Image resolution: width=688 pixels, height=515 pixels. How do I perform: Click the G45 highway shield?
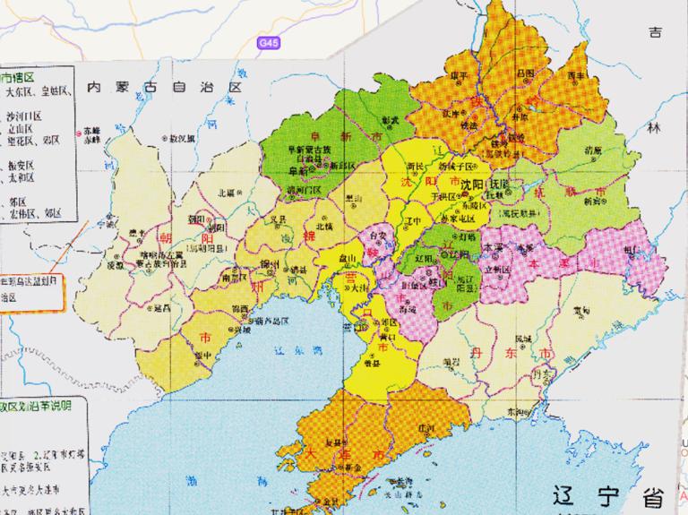point(267,42)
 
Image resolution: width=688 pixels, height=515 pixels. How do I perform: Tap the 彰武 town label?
point(389,119)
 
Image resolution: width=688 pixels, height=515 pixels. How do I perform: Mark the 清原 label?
point(591,150)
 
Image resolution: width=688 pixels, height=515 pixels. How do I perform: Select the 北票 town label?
point(226,192)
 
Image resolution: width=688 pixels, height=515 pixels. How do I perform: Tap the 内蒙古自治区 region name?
point(165,87)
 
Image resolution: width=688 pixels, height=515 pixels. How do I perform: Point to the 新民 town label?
point(416,167)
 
